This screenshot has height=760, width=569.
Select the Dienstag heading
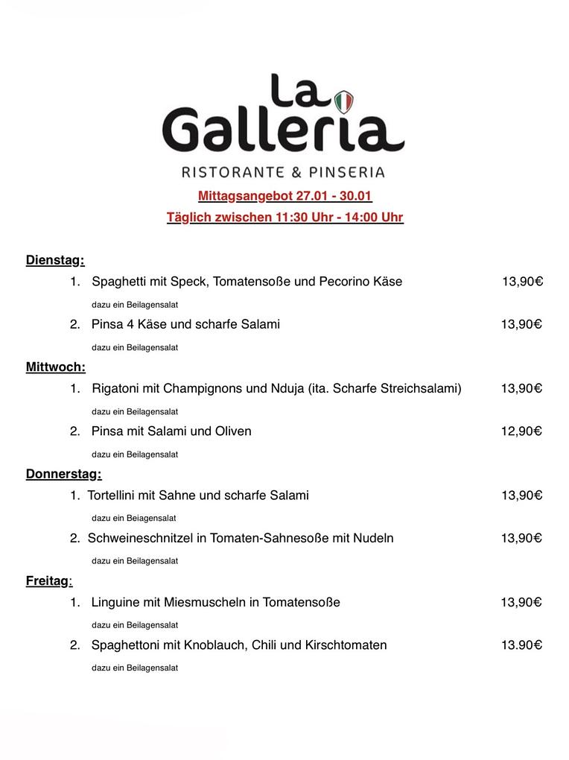55,261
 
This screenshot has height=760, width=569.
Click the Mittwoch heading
55,367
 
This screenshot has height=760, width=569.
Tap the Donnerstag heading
63,474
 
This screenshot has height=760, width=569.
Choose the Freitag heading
48,581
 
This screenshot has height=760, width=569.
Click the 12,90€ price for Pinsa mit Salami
521,431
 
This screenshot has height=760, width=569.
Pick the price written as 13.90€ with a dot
521,645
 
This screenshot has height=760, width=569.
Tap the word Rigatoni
115,389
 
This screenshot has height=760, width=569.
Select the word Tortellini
115,495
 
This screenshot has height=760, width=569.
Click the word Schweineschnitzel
140,539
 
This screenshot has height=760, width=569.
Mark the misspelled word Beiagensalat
152,518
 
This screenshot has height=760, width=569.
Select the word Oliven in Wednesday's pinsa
235,431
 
